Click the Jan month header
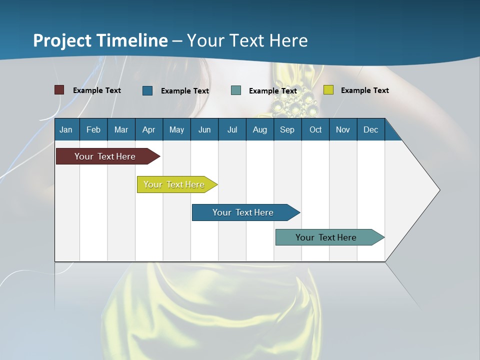66,129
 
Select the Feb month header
93,129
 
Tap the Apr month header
148,129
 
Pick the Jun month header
204,129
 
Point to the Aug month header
259,129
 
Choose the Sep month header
287,129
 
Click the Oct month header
315,129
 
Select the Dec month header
370,129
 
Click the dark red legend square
59,90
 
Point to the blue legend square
147,90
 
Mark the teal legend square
236,90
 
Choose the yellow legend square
328,90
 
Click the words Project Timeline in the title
100,40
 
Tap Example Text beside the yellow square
364,90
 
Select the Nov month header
342,129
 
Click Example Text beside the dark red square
97,90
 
